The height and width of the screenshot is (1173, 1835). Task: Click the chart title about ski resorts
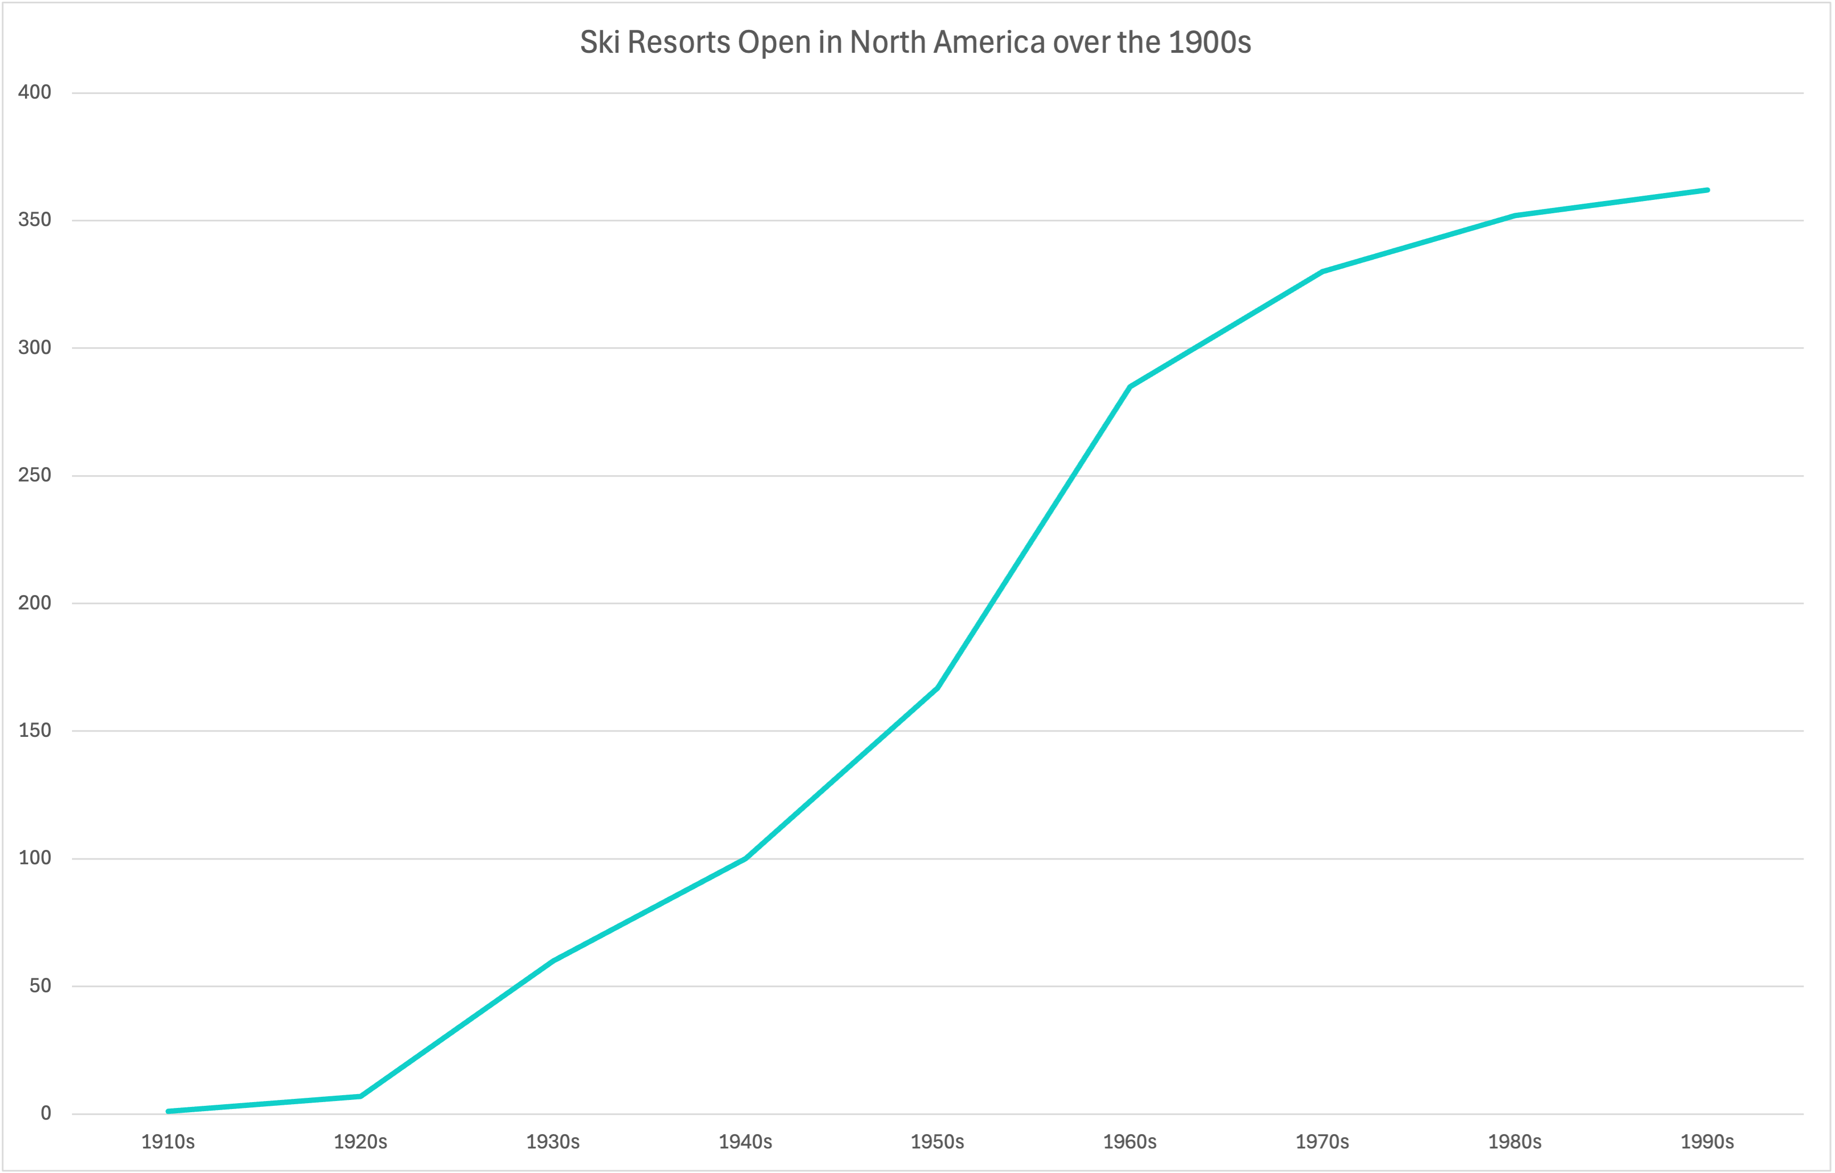pyautogui.click(x=915, y=43)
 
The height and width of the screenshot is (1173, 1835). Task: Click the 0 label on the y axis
pyautogui.click(x=46, y=1113)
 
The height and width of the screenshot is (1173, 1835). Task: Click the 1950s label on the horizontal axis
pyautogui.click(x=937, y=1142)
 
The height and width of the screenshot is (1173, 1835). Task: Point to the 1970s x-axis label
pyautogui.click(x=1322, y=1142)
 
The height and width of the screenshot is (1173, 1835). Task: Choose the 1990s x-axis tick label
pyautogui.click(x=1707, y=1142)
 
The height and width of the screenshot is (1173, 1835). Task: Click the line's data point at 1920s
pyautogui.click(x=360, y=1096)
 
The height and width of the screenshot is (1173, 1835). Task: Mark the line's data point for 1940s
pyautogui.click(x=745, y=858)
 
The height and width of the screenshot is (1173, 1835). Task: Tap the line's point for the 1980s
pyautogui.click(x=1515, y=216)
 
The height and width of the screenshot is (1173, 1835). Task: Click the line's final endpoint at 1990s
pyautogui.click(x=1707, y=190)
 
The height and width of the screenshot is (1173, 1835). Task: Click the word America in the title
pyautogui.click(x=989, y=43)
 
